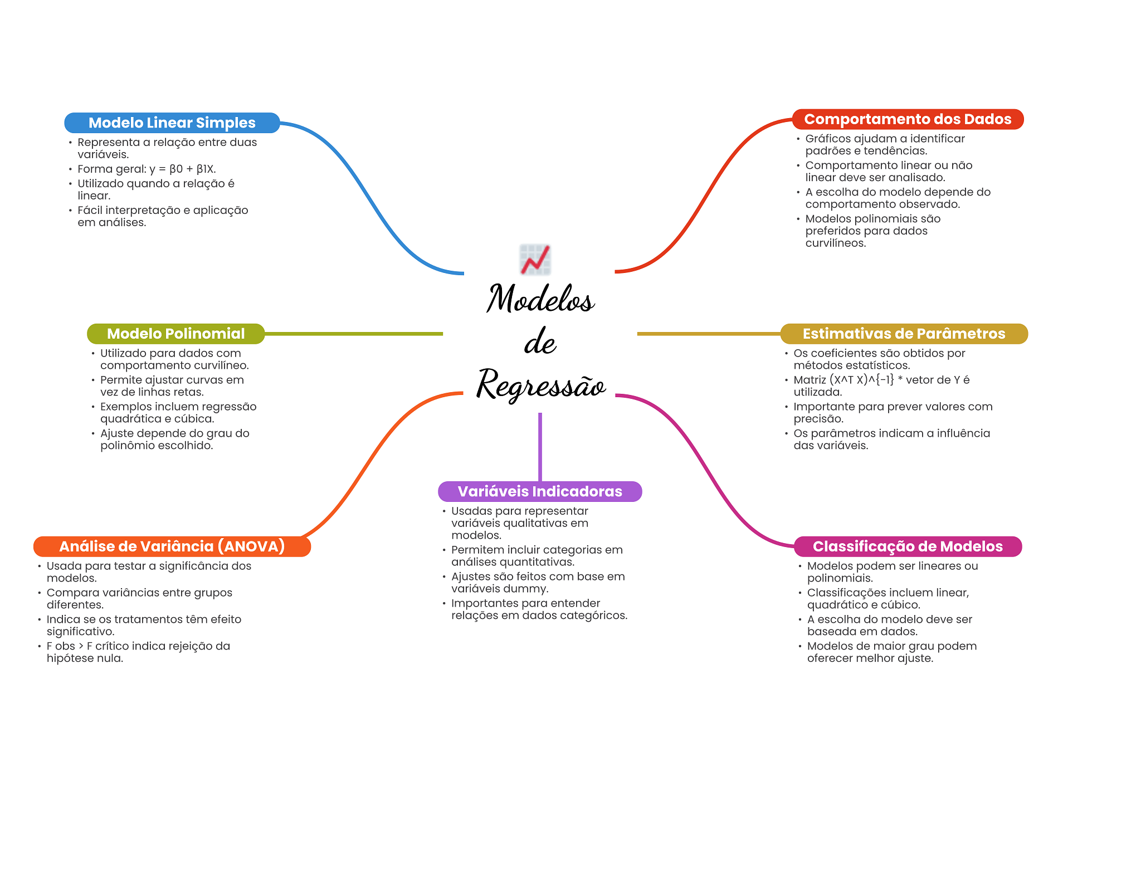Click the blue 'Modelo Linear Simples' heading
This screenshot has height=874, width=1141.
tap(172, 123)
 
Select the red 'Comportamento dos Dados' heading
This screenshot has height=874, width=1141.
tap(908, 119)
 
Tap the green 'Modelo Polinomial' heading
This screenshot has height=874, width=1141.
tap(175, 334)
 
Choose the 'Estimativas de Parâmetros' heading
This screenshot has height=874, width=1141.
tap(904, 334)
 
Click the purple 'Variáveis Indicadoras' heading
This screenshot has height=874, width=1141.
tap(540, 491)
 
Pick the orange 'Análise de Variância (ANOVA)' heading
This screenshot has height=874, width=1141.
tap(172, 546)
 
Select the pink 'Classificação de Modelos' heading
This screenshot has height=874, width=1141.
tap(908, 546)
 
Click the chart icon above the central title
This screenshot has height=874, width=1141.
tap(535, 260)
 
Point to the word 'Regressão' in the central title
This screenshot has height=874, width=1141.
tap(540, 384)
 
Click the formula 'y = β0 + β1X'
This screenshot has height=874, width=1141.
tap(182, 169)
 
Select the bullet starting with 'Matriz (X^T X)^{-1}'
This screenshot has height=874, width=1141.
tap(881, 385)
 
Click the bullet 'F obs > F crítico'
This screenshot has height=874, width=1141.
tap(138, 652)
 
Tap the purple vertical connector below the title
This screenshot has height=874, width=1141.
tap(540, 447)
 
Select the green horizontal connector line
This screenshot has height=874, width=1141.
tap(354, 334)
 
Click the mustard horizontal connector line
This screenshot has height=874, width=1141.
tap(709, 334)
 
